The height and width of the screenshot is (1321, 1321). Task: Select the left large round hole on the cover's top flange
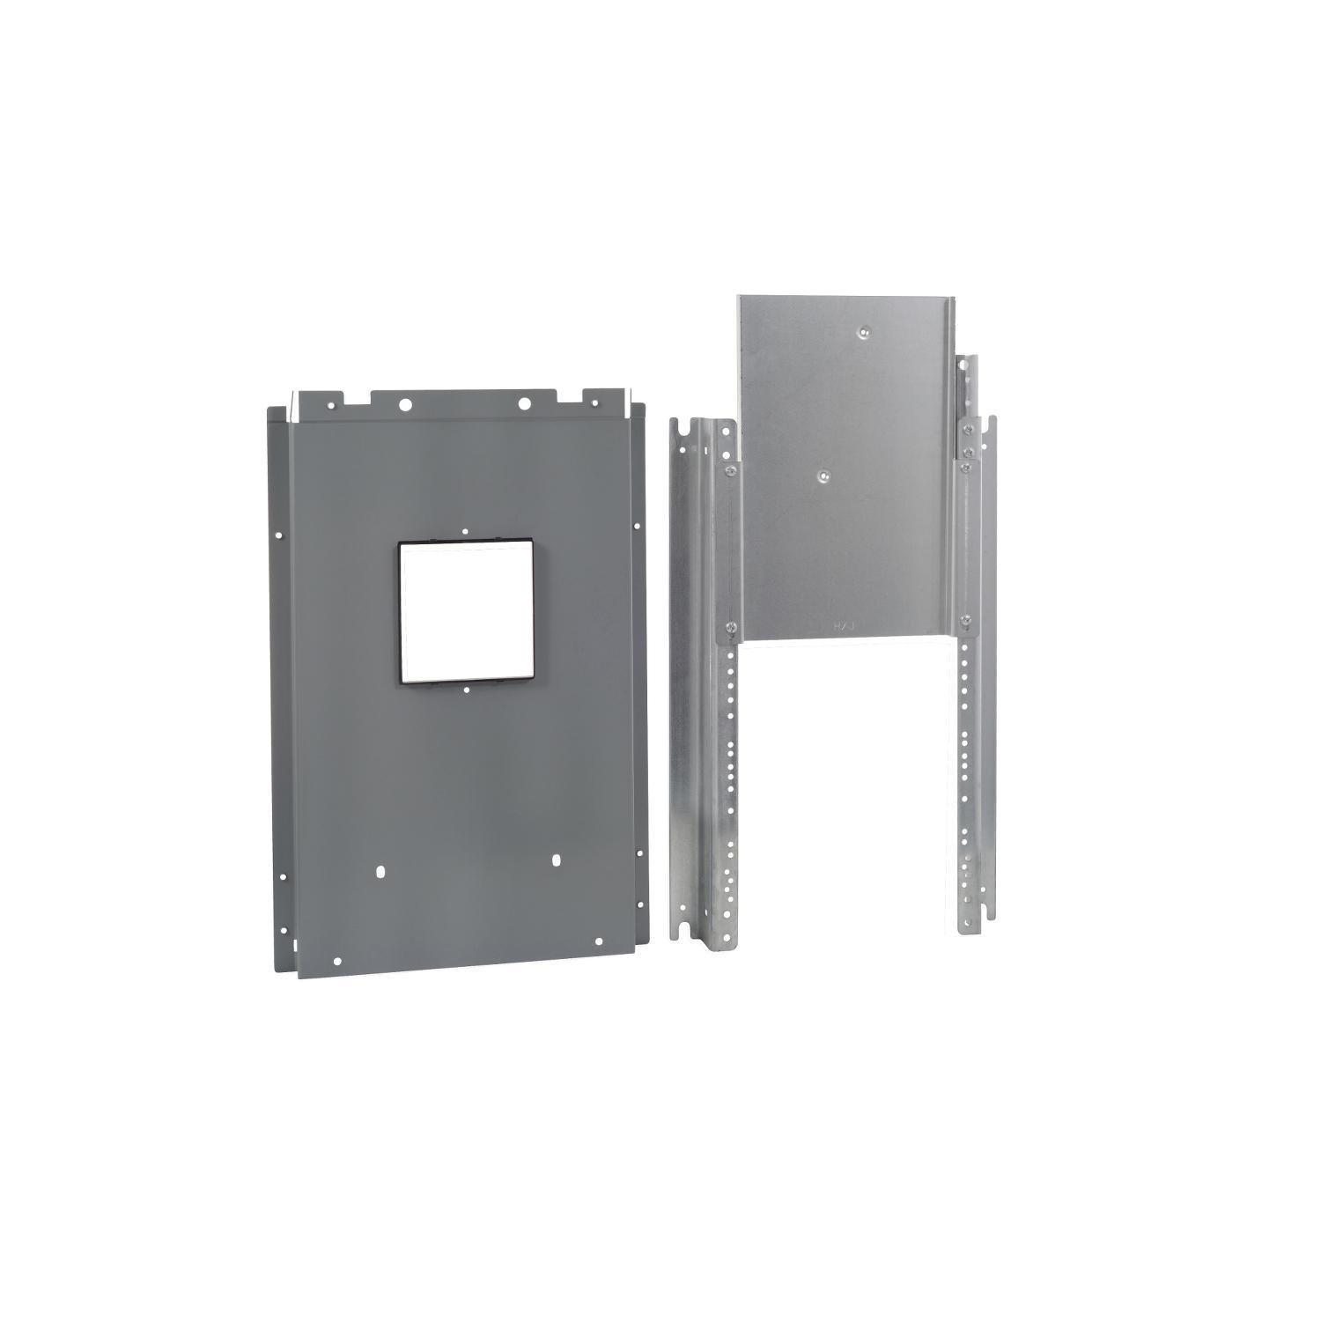pos(404,405)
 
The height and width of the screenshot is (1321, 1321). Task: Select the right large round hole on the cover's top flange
pos(523,404)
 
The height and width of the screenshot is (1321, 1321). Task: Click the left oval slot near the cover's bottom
pos(380,871)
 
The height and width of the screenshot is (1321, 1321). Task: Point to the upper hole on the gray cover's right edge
pos(635,526)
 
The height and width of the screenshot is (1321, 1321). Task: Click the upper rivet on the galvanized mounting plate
pos(864,330)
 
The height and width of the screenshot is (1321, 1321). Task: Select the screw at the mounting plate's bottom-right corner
pos(965,619)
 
